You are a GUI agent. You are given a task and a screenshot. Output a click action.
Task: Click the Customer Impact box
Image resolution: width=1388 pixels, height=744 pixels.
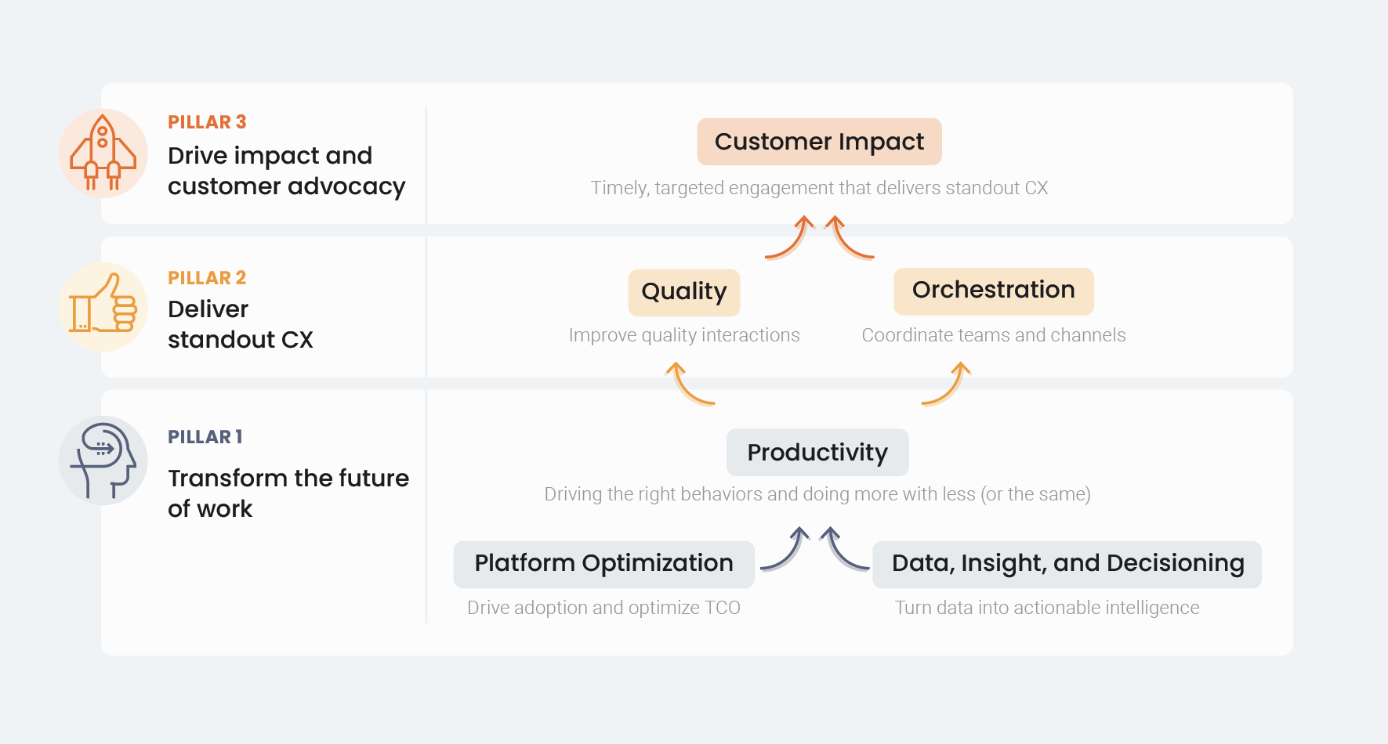click(x=819, y=142)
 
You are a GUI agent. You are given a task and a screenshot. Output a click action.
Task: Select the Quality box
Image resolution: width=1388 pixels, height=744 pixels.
click(x=683, y=292)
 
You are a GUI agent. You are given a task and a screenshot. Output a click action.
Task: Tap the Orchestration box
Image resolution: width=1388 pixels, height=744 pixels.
click(x=993, y=291)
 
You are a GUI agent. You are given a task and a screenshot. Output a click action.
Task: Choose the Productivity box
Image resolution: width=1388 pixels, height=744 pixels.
click(x=817, y=453)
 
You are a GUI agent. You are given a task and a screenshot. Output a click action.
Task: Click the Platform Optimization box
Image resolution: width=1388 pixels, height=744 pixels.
click(x=603, y=564)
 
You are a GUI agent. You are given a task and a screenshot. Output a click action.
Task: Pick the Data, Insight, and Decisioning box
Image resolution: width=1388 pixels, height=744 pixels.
click(x=1067, y=564)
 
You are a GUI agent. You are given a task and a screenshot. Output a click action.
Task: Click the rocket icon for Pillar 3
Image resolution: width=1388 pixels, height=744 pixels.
click(x=103, y=153)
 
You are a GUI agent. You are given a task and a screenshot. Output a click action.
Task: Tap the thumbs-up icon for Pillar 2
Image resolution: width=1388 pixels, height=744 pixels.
click(x=103, y=306)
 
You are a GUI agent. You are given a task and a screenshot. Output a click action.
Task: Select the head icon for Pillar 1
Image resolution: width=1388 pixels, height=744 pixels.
click(x=103, y=460)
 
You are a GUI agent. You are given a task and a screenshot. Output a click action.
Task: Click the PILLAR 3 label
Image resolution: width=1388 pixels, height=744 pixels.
click(x=207, y=122)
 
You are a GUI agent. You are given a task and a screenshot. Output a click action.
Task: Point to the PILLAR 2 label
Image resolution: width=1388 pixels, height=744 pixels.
click(x=207, y=278)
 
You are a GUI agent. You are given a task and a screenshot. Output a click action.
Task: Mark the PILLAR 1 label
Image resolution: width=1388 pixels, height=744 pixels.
click(x=205, y=437)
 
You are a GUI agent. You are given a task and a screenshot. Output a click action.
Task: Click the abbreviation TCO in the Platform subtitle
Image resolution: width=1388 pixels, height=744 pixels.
click(x=722, y=608)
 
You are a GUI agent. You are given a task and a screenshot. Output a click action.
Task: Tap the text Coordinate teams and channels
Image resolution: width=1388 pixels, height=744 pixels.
click(x=993, y=335)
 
